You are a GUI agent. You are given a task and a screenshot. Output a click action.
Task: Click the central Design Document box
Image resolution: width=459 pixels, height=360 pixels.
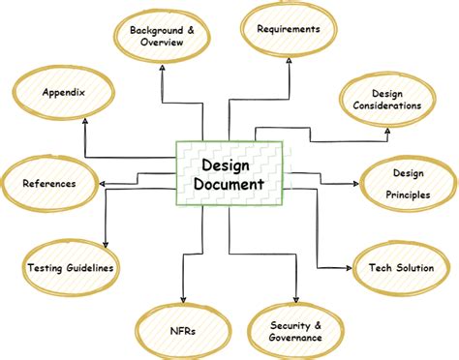(x=229, y=172)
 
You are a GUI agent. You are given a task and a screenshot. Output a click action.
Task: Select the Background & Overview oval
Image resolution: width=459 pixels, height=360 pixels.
(x=163, y=36)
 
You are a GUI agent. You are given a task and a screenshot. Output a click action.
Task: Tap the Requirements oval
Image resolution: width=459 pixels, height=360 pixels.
(x=288, y=30)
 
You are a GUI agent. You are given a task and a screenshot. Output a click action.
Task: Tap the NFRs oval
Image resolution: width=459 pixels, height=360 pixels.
(x=181, y=331)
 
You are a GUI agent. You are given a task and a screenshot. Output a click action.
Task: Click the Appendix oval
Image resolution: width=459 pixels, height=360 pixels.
(x=64, y=94)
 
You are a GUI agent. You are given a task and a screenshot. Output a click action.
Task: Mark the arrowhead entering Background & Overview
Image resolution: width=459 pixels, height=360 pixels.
(x=162, y=71)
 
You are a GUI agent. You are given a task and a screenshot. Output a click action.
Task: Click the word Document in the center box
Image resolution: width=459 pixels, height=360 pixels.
(x=229, y=182)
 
